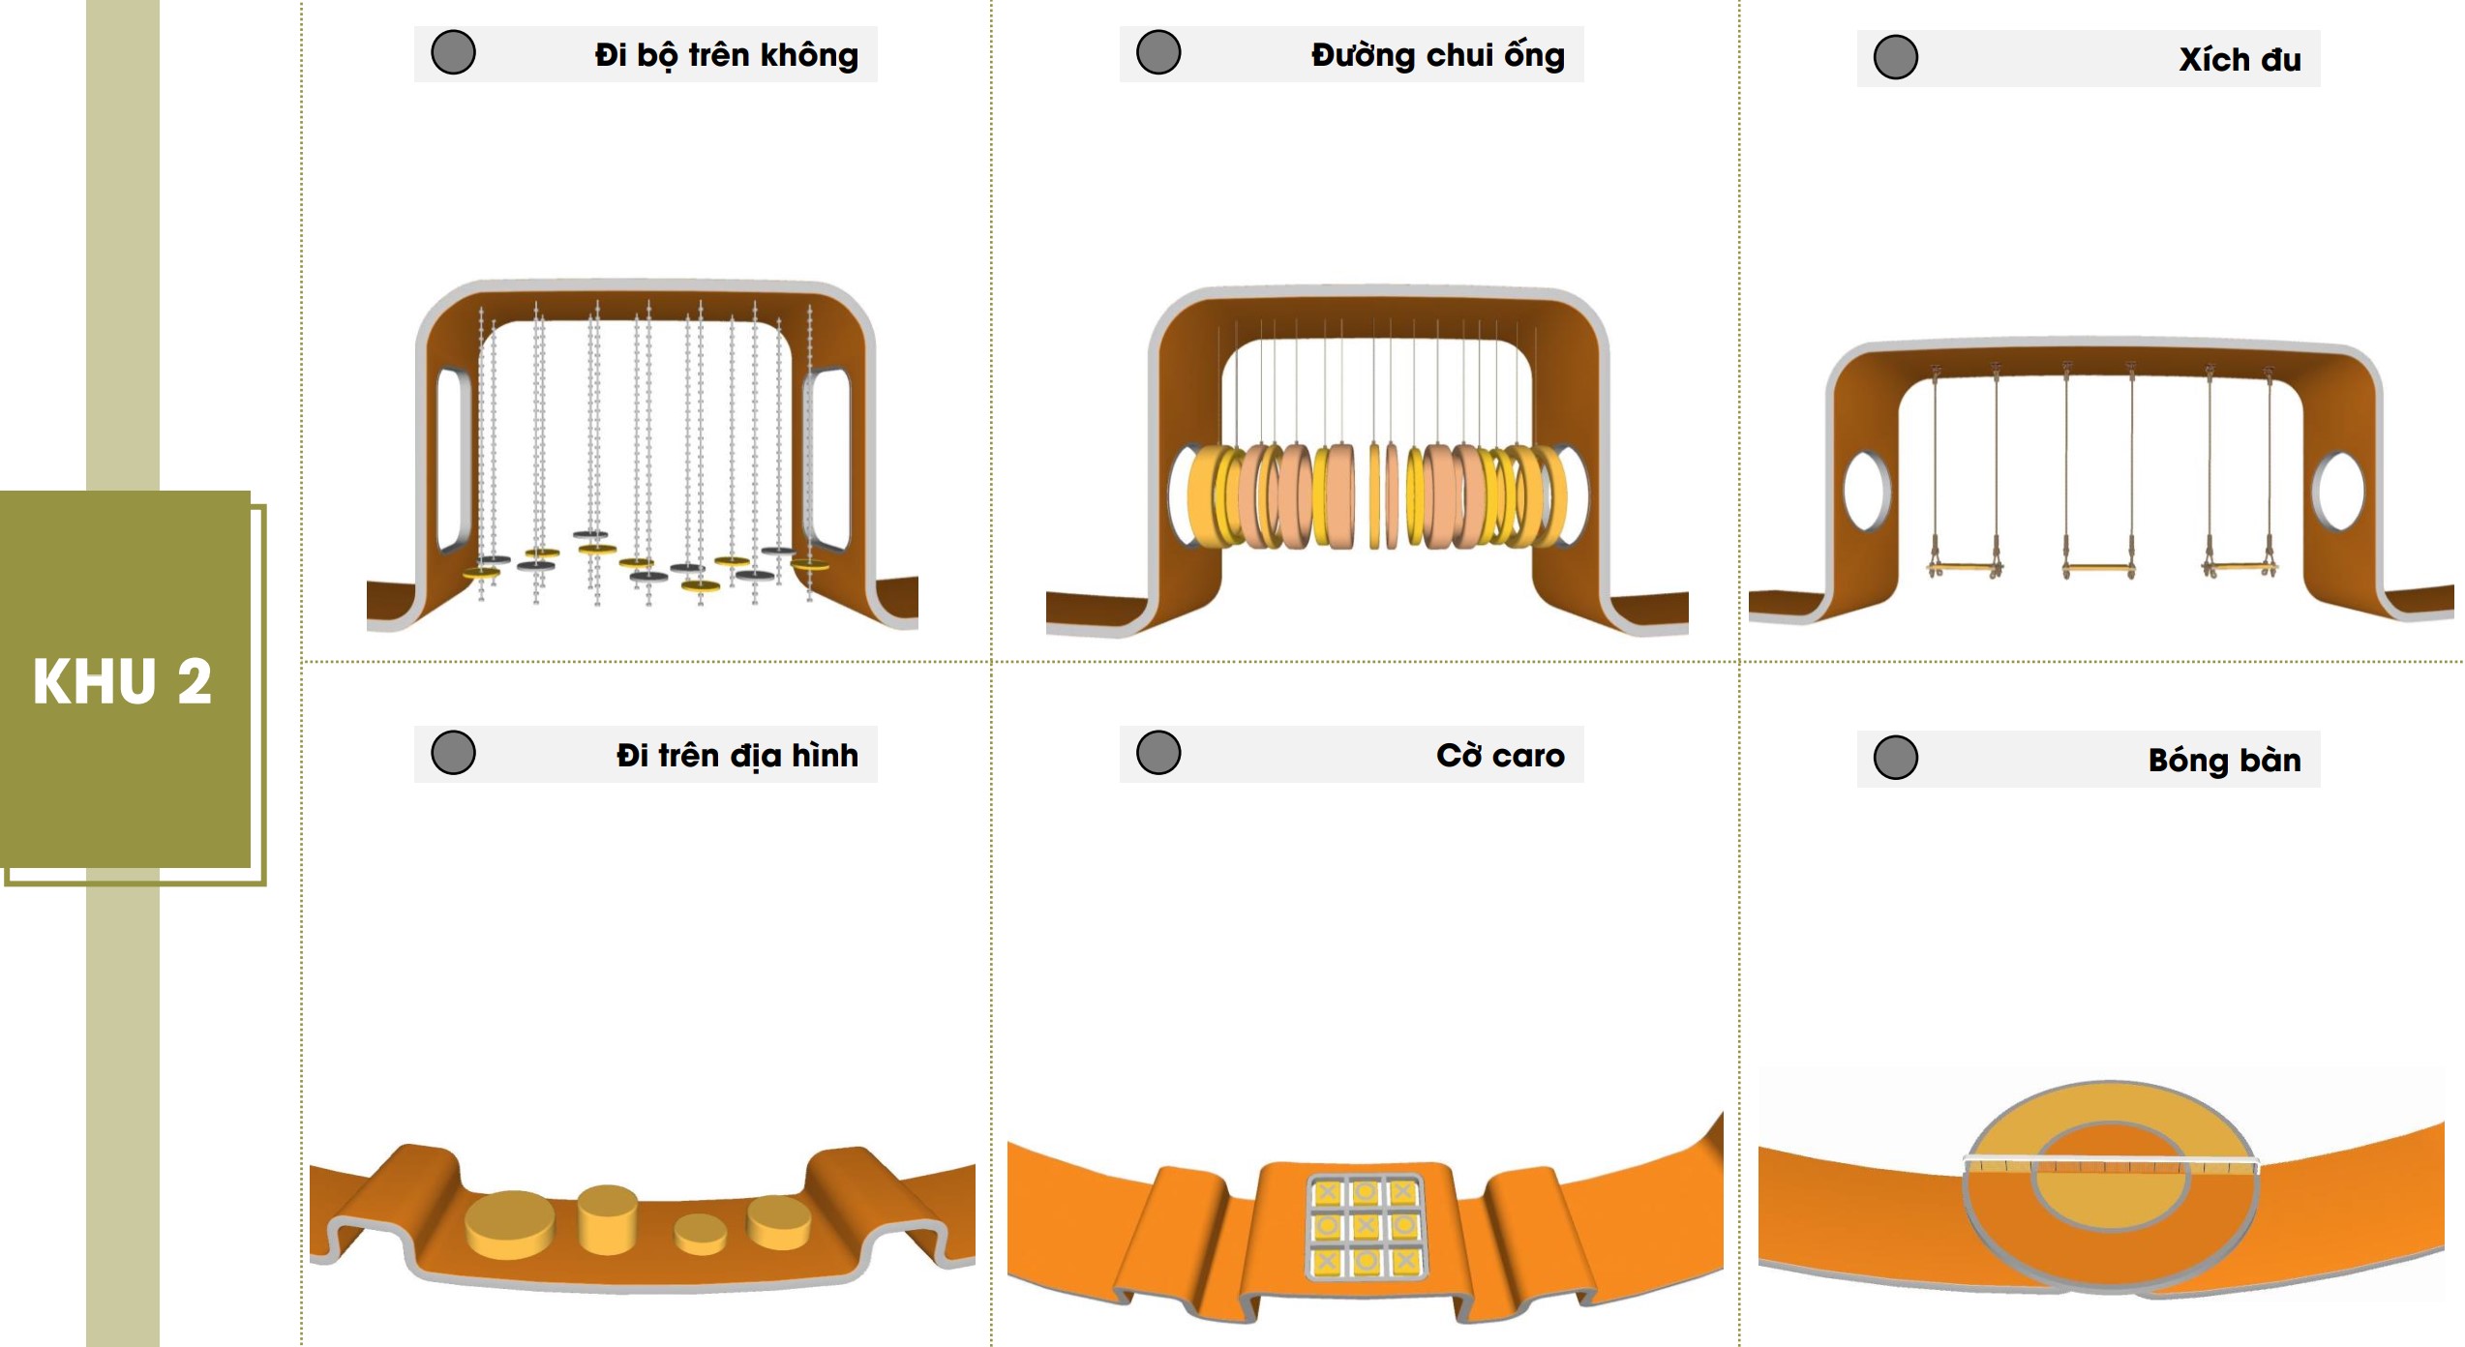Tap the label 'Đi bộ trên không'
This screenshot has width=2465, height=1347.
click(726, 55)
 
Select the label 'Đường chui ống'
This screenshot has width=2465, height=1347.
click(1437, 55)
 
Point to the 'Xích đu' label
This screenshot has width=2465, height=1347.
click(2240, 59)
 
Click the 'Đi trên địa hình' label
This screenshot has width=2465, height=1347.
click(736, 755)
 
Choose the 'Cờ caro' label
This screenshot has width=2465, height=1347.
click(1500, 755)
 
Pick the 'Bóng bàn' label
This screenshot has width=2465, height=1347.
click(2224, 760)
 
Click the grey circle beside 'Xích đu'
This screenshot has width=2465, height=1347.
click(1895, 57)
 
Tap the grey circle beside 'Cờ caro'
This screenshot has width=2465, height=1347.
click(1158, 753)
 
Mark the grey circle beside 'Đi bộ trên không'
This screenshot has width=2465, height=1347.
click(453, 52)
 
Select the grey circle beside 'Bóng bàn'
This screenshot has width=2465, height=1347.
click(1895, 758)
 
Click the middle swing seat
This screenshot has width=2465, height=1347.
click(2099, 568)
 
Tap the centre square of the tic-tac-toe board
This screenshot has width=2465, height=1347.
click(1366, 1226)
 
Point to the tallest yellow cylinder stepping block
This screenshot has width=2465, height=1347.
click(608, 1219)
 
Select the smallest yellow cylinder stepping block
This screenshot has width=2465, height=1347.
click(700, 1235)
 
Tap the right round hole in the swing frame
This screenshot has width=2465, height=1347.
click(2338, 491)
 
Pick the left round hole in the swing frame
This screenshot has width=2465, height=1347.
click(1866, 490)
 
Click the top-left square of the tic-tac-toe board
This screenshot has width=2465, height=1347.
click(1327, 1193)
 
